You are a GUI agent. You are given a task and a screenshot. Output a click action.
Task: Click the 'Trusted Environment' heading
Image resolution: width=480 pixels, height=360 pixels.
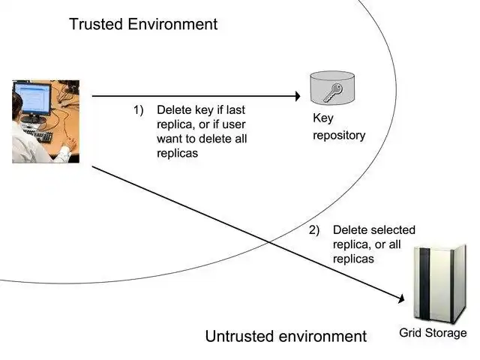tap(143, 24)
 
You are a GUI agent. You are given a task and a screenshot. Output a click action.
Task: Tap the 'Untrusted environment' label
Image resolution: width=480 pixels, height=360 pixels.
tap(286, 336)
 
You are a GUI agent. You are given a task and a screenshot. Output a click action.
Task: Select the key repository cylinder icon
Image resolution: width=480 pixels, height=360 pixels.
tap(328, 89)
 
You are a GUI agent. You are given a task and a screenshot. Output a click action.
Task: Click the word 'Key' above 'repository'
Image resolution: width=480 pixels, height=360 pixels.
tap(322, 118)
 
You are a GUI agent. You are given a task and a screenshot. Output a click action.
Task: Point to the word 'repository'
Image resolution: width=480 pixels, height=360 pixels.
tap(339, 136)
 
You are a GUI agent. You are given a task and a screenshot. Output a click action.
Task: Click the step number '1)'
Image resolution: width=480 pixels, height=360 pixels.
tap(138, 109)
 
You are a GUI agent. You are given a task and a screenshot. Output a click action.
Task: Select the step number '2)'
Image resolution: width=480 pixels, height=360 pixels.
tap(314, 230)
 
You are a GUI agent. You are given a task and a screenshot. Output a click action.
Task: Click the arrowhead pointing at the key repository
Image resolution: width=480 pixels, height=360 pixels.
tap(295, 96)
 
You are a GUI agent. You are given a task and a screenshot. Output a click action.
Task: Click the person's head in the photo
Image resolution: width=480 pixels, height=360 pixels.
tap(16, 106)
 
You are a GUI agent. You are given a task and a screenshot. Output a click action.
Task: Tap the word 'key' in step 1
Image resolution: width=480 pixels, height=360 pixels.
tap(201, 109)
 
